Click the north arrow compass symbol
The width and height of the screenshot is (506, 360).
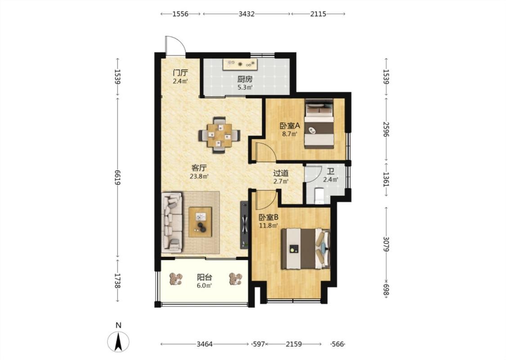click(118, 341)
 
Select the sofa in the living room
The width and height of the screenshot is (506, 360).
click(172, 222)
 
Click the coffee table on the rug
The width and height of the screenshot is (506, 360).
click(201, 222)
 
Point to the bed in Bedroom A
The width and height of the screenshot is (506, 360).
click(319, 124)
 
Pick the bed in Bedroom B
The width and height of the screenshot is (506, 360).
click(305, 248)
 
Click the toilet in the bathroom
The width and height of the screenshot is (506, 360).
click(319, 196)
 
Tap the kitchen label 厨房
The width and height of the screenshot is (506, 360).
click(245, 79)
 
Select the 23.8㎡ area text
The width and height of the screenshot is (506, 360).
click(199, 176)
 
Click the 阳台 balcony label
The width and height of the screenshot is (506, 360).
click(205, 277)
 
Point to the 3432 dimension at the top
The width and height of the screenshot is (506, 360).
click(246, 14)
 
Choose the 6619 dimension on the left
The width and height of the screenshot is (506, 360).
click(117, 177)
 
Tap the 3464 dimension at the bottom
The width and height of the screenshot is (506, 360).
click(205, 344)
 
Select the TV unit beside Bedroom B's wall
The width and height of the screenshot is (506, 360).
click(244, 225)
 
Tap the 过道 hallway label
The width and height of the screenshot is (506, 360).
click(281, 173)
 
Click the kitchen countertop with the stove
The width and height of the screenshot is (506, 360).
click(240, 64)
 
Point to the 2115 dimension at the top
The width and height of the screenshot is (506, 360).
click(318, 14)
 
